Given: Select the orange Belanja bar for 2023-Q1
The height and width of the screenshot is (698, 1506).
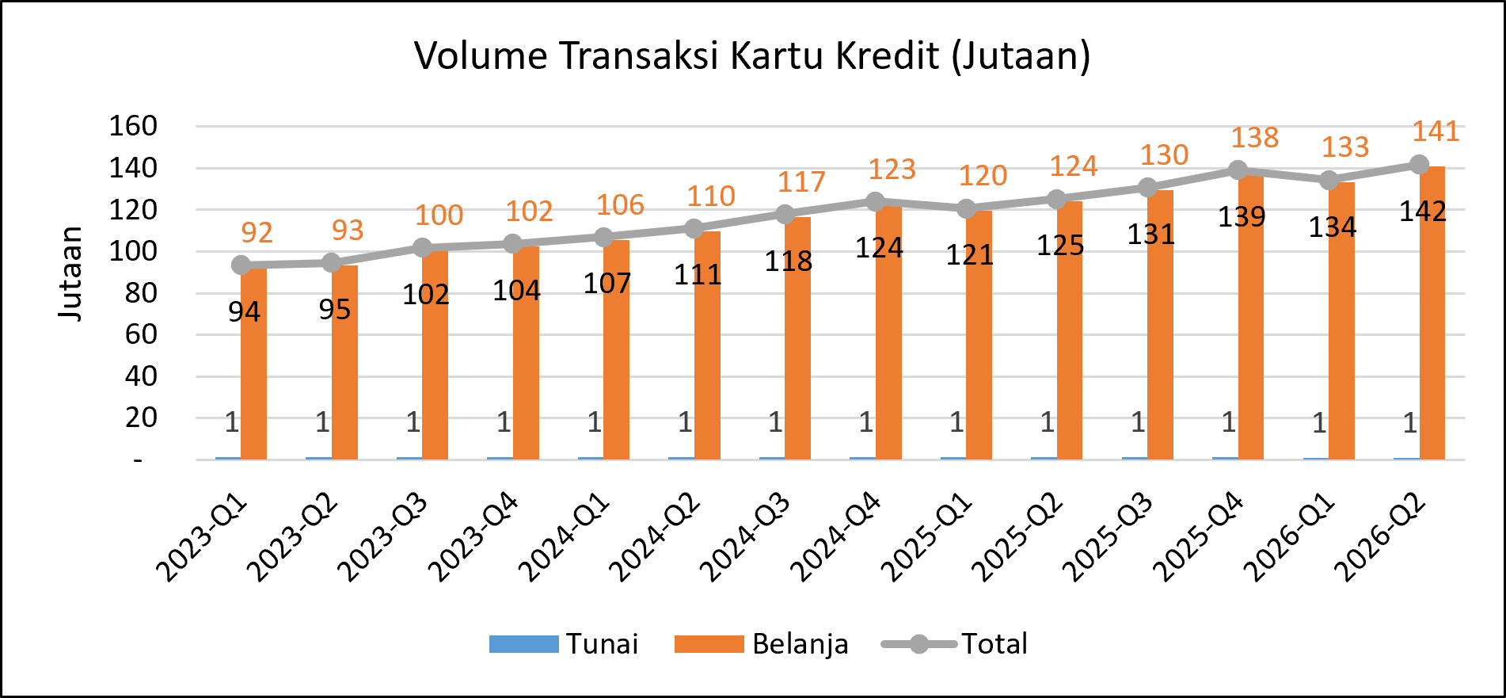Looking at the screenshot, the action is [253, 364].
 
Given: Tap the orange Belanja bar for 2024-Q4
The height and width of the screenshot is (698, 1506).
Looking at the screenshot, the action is [888, 332].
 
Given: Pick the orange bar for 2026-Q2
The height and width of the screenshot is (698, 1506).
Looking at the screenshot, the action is [1432, 313].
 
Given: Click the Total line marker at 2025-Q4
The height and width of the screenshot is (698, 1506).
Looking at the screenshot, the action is [1238, 170].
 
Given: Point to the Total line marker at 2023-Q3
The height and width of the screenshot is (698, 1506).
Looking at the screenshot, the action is [423, 248].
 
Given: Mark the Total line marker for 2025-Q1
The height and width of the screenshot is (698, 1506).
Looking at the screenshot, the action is [966, 208].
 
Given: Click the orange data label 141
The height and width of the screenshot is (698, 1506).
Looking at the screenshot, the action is [1436, 132].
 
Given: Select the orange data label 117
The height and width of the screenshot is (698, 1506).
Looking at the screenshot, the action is [801, 182].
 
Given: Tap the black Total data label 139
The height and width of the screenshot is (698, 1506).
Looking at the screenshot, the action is [1242, 217].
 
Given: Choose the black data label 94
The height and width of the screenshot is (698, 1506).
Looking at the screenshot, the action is [244, 312].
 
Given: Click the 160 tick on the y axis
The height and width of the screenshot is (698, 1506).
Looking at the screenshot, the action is [133, 126].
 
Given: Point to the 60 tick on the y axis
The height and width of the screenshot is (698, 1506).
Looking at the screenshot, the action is [141, 334].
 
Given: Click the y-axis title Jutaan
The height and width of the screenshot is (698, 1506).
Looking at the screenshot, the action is [70, 273].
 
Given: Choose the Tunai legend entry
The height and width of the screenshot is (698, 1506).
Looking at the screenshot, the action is [564, 644].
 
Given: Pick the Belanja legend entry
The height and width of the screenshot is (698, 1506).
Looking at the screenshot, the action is [762, 644].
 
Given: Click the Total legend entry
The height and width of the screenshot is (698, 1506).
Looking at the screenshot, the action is [954, 644].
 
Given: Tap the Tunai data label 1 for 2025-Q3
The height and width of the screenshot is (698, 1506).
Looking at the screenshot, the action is [1138, 423].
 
